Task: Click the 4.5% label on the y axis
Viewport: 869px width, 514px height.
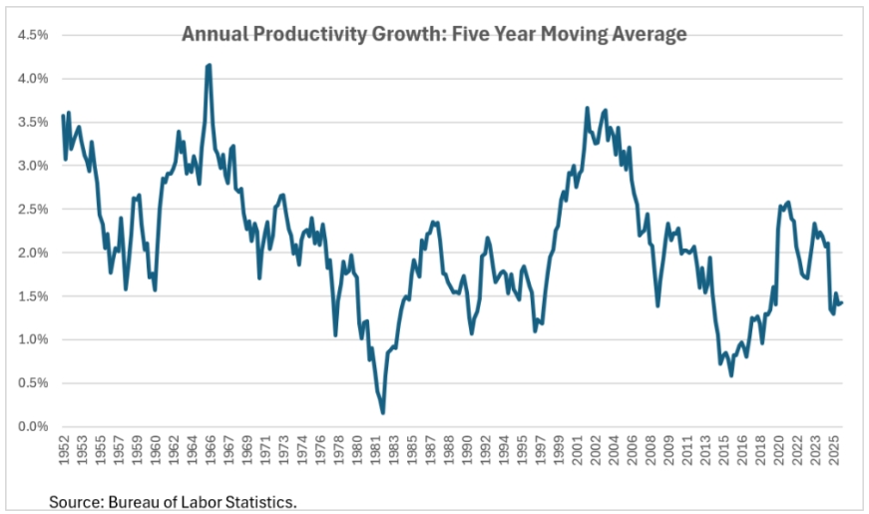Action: coord(33,36)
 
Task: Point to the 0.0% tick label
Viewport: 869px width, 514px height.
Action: coord(33,427)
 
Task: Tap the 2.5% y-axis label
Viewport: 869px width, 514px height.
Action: coord(33,210)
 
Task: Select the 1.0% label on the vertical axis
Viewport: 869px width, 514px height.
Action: coord(33,340)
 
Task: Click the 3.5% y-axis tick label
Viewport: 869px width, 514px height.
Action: coord(33,123)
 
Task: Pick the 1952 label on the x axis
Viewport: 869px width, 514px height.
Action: coord(64,450)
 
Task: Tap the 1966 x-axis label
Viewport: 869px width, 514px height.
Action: coord(211,450)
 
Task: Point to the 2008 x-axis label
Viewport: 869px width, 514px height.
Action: coord(651,450)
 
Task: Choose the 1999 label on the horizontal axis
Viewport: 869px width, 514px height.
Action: coord(559,450)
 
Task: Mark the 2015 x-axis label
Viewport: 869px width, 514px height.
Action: coord(723,450)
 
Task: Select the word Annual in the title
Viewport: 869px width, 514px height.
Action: coord(216,34)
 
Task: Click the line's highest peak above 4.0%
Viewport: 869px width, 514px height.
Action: coord(209,65)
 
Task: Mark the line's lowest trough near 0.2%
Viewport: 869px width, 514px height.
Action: coord(383,412)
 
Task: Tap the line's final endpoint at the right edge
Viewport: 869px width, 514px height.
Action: coord(842,302)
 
